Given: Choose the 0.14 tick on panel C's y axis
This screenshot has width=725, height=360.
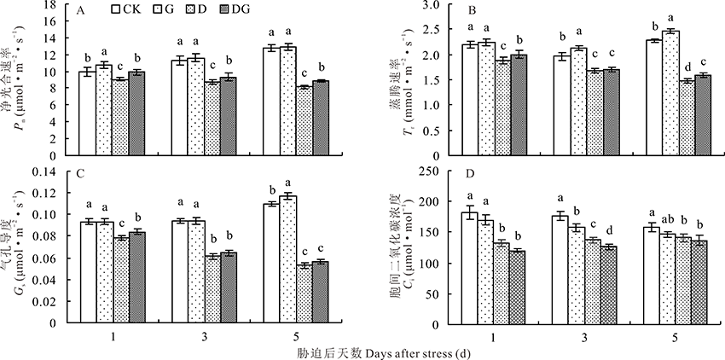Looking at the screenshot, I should point(50,172).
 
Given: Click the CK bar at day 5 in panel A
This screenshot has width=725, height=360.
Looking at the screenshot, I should point(270,102).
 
